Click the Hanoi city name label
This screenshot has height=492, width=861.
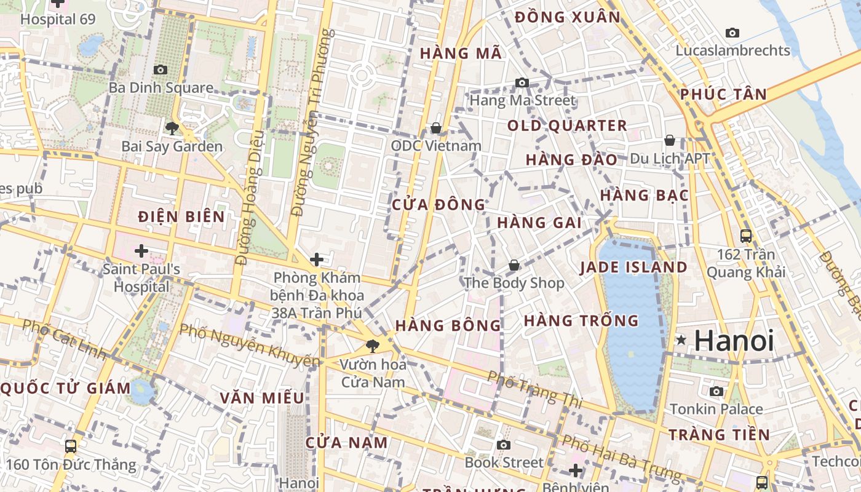click(734, 341)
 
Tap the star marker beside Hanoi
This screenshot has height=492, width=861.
click(681, 340)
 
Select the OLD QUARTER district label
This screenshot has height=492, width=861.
click(567, 126)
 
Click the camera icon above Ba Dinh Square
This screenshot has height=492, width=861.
click(161, 70)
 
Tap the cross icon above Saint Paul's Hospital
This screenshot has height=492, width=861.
click(141, 251)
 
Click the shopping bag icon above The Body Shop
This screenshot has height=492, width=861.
click(514, 265)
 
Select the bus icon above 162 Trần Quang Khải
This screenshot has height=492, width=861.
click(746, 236)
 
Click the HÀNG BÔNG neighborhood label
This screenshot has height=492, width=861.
click(448, 325)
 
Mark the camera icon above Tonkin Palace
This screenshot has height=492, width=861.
click(716, 391)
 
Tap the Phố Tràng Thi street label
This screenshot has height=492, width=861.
click(534, 389)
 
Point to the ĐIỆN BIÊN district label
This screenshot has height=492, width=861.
click(181, 217)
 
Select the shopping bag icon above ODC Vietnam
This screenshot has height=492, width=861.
click(436, 128)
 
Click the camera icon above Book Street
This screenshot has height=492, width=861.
click(504, 445)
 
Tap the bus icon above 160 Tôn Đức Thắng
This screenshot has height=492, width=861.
click(71, 446)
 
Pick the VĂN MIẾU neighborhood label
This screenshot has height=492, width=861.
click(262, 398)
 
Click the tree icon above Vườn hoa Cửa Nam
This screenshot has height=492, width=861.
click(373, 346)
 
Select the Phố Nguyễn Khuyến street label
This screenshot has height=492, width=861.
click(249, 346)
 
